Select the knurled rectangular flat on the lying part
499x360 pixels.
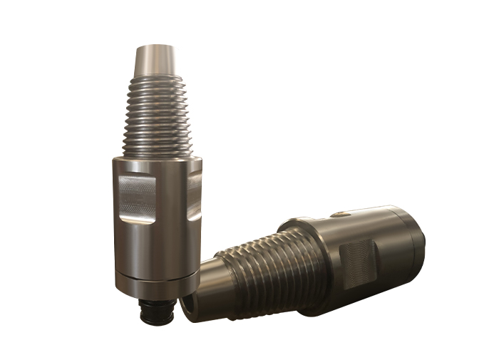click(356, 264)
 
